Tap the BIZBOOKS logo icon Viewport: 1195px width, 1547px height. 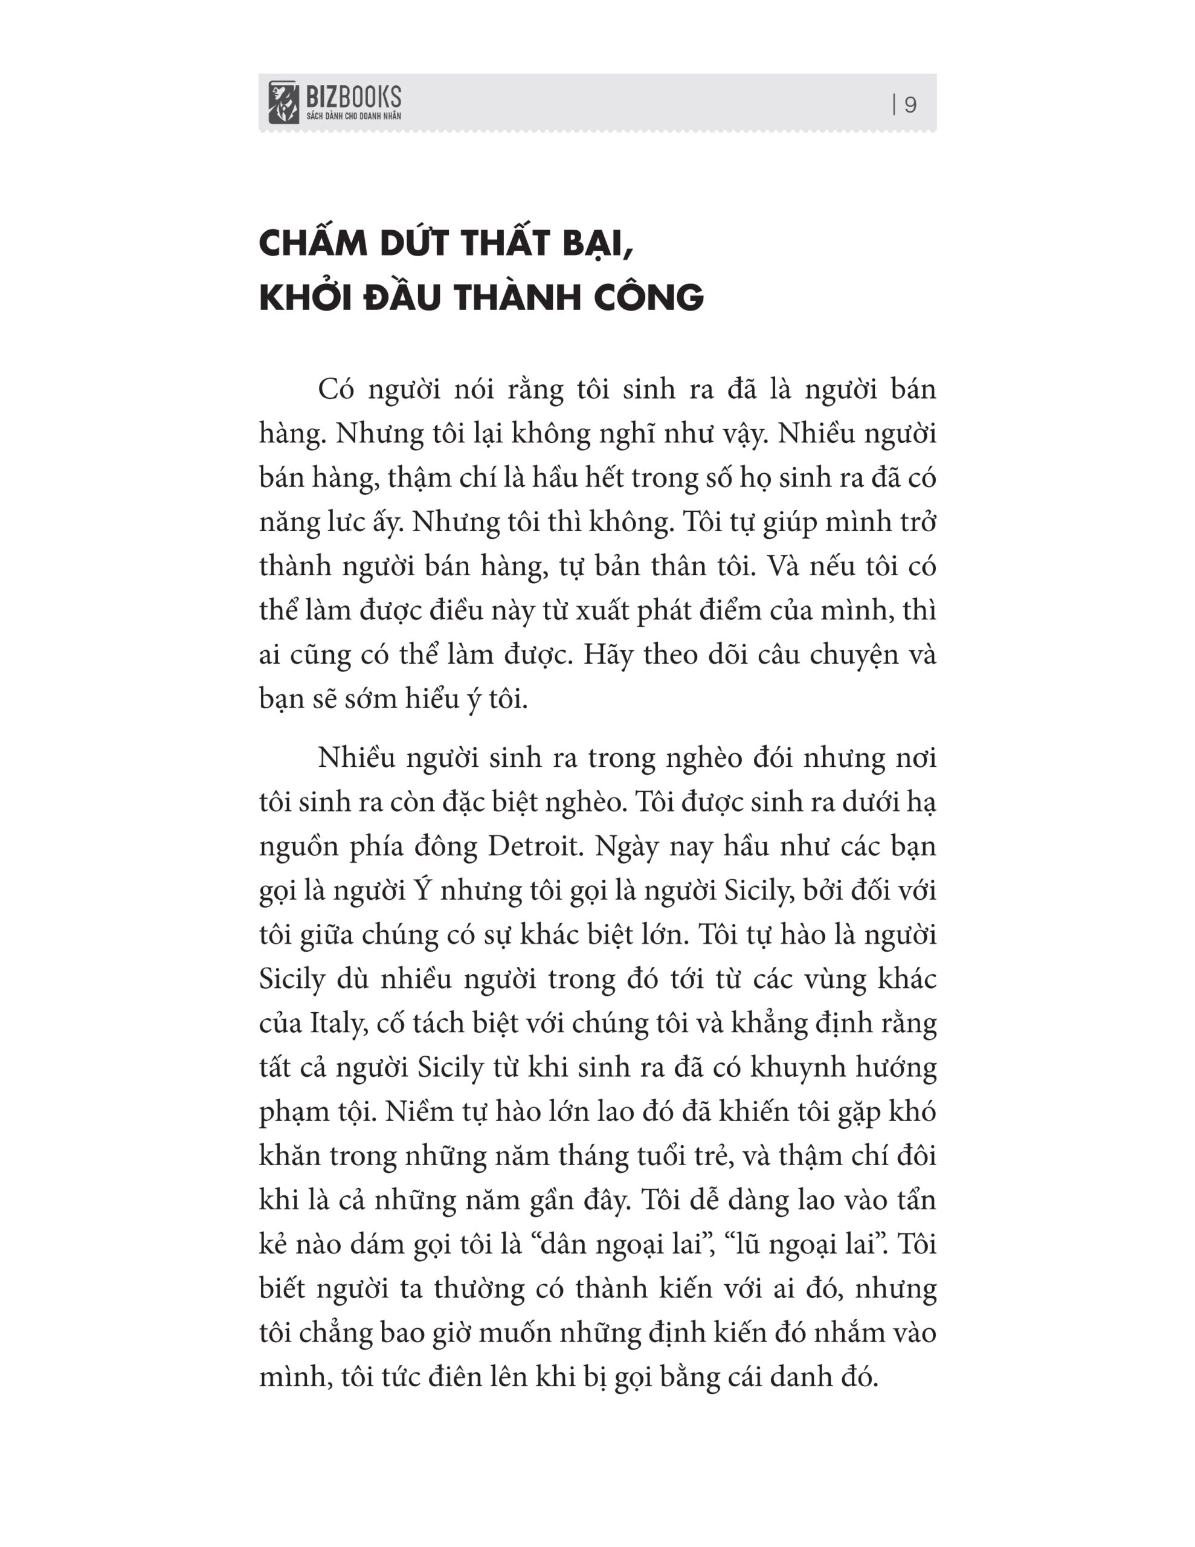coord(283,103)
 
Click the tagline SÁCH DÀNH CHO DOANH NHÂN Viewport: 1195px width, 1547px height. coord(353,116)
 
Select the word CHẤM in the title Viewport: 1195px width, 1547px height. coord(311,244)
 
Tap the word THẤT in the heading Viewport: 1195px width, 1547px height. coord(506,244)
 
